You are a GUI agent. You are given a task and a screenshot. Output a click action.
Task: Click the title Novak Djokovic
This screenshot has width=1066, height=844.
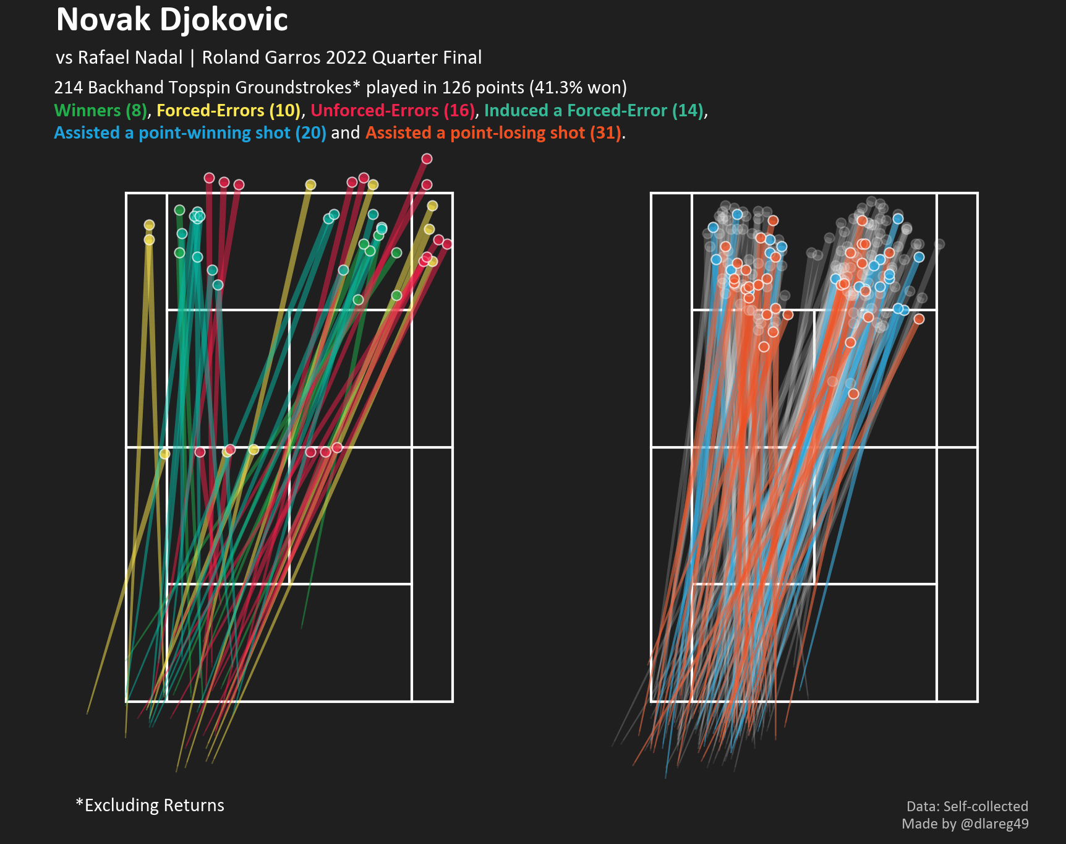click(172, 20)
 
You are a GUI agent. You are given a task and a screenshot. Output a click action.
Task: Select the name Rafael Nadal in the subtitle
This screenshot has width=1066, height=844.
click(130, 58)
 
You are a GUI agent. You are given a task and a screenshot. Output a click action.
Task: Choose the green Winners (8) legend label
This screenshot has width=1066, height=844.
click(101, 111)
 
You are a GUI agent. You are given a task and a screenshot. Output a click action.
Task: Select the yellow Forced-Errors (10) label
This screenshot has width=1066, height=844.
click(228, 111)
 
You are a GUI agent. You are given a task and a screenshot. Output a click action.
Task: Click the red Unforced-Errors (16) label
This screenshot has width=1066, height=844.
click(393, 111)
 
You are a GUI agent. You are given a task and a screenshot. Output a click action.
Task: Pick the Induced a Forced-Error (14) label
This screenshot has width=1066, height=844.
click(594, 111)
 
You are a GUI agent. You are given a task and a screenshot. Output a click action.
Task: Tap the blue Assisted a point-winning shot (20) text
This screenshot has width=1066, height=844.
click(190, 133)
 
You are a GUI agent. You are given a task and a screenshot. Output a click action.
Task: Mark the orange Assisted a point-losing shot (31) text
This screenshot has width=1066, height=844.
click(493, 133)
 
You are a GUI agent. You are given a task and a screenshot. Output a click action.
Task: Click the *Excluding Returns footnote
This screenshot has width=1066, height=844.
click(150, 805)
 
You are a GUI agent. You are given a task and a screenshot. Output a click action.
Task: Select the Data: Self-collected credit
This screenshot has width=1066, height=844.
click(967, 806)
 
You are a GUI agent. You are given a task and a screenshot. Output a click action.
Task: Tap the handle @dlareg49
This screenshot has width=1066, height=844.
click(995, 824)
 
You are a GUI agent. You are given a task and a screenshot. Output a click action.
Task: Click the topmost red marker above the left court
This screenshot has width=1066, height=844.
click(427, 159)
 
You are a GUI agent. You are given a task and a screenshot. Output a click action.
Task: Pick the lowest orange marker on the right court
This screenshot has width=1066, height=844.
click(853, 394)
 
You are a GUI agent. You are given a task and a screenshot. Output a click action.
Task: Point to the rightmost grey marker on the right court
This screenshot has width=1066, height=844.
click(940, 244)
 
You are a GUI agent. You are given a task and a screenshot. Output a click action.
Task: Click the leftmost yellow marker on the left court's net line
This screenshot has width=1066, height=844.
click(164, 454)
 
